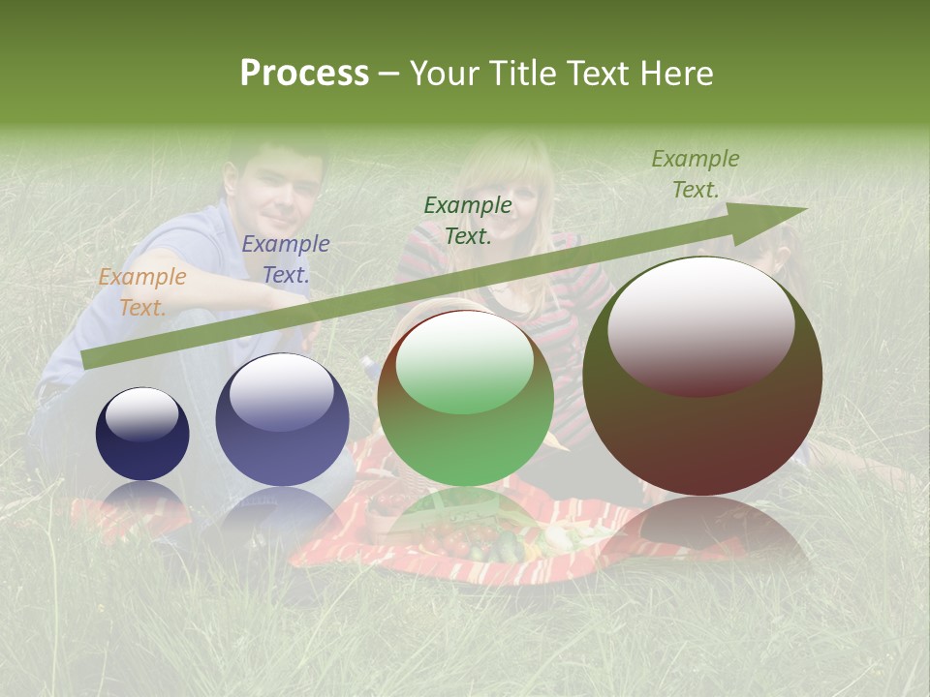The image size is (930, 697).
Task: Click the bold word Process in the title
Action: [x=304, y=74]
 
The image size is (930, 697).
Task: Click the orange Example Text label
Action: [x=141, y=292]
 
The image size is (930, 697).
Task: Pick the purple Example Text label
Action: [x=285, y=259]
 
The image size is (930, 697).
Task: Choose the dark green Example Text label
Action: [x=467, y=221]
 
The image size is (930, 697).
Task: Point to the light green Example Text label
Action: [x=695, y=174]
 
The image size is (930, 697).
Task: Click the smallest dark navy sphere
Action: [x=142, y=434]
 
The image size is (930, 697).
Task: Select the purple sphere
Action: [x=282, y=419]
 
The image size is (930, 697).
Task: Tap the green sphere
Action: [x=465, y=397]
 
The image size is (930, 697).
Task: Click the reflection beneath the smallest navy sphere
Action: [x=142, y=499]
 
